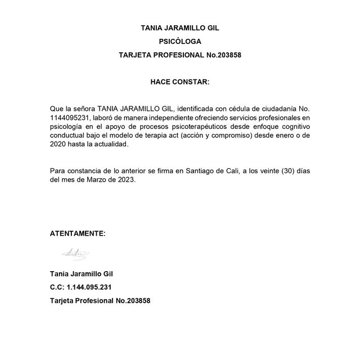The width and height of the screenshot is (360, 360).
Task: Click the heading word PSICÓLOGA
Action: [x=179, y=41]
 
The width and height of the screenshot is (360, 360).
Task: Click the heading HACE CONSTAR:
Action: [x=179, y=82]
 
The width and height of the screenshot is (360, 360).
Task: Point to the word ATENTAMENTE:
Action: [x=78, y=233]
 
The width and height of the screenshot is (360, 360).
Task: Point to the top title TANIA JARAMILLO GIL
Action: [x=179, y=28]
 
